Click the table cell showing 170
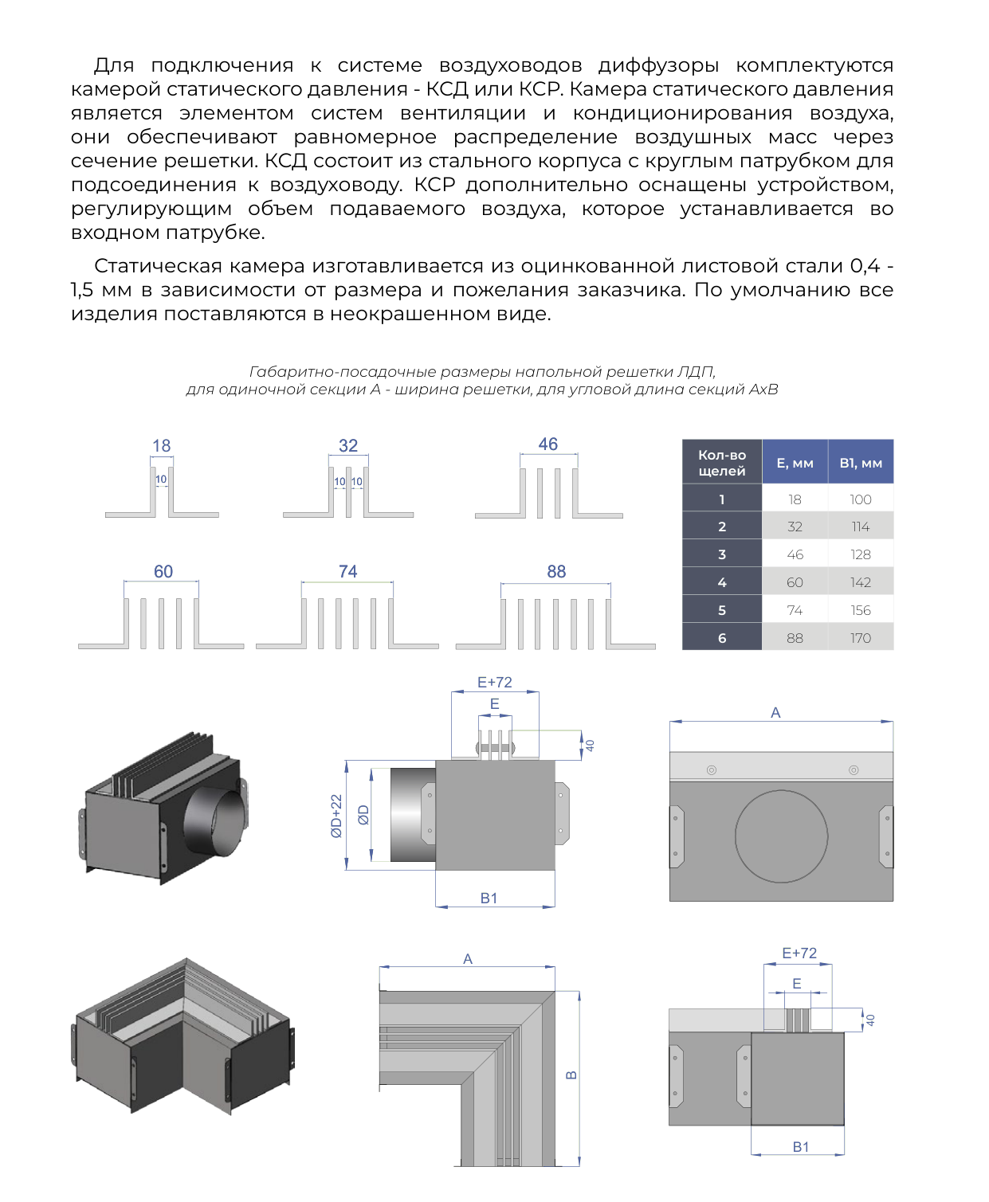point(860,638)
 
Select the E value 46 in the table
point(795,554)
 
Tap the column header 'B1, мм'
point(860,463)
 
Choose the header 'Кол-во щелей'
point(721,462)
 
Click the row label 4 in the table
point(721,582)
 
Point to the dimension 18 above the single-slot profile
point(162,446)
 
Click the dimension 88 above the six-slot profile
point(556,572)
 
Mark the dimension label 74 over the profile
point(348,571)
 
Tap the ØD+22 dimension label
point(336,816)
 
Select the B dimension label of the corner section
point(571,1075)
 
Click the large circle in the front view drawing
point(781,836)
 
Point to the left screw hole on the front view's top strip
point(711,770)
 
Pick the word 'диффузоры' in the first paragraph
point(658,65)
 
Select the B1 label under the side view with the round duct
point(489,899)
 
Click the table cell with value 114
point(860,527)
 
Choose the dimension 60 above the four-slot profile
point(163,571)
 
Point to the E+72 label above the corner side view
point(799,953)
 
